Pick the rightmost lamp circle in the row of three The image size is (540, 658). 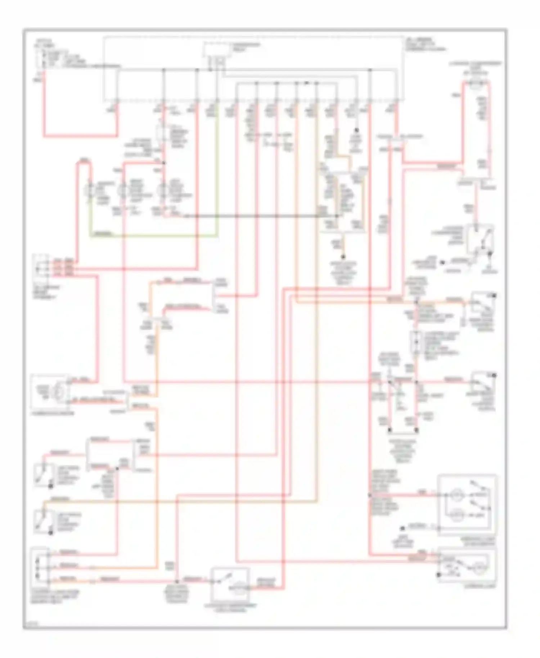tap(164, 190)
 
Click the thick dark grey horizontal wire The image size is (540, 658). tap(259, 216)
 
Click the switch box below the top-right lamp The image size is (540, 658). tap(480, 239)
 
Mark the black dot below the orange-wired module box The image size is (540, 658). tap(343, 257)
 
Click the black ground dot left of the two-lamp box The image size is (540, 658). tap(403, 528)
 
